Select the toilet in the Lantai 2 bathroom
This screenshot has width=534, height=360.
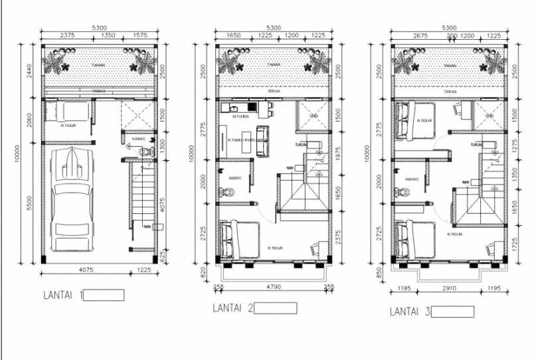[x=229, y=193]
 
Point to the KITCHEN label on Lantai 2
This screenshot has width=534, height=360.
[x=240, y=116]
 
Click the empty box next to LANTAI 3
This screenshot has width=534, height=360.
[x=452, y=312]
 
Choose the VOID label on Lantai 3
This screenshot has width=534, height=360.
[x=489, y=116]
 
